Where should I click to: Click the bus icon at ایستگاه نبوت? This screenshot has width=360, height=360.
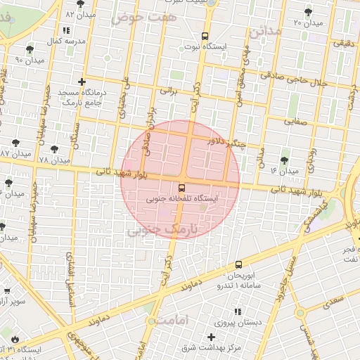point(205,35)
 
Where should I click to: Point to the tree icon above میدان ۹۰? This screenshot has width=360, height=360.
point(29,49)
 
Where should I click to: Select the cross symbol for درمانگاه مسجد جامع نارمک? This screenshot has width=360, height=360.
point(83,82)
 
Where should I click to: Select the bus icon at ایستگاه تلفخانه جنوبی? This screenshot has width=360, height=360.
point(182,188)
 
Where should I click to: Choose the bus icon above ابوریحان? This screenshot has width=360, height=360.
point(239,265)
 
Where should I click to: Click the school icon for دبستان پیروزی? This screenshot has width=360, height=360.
point(236,311)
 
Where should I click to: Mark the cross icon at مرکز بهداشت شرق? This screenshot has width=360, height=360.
point(211,337)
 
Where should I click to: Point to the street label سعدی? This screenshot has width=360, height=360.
point(334,299)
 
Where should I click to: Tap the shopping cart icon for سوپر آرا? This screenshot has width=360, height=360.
point(6,290)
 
